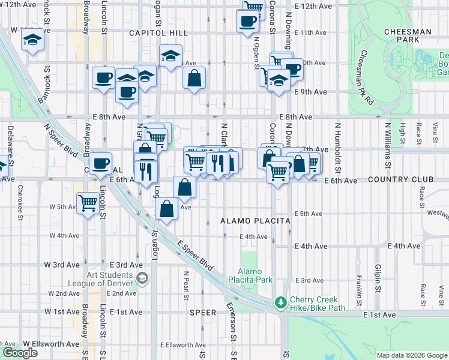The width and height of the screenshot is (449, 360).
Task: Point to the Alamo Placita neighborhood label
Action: pyautogui.click(x=255, y=221)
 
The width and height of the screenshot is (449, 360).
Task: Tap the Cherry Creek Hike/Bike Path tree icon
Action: pyautogui.click(x=280, y=302)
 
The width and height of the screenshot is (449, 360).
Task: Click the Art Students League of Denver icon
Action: pyautogui.click(x=142, y=277)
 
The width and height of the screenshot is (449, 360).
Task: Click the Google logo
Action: pyautogui.click(x=20, y=353)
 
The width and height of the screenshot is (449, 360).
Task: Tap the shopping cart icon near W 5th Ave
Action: pyautogui.click(x=88, y=204)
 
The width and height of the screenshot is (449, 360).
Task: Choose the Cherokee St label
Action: pyautogui.click(x=19, y=208)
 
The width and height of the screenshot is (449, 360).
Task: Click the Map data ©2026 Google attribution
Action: pyautogui.click(x=411, y=355)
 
